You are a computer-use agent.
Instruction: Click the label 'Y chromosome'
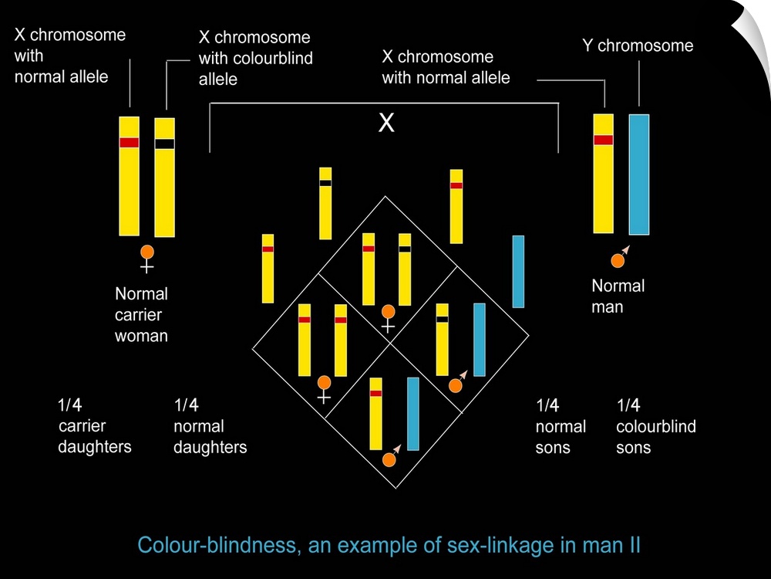point(638,46)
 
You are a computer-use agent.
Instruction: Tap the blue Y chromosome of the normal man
point(639,174)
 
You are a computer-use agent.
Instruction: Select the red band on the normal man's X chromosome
point(603,140)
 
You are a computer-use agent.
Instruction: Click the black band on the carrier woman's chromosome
point(164,144)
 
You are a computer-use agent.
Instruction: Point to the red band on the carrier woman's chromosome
point(129,143)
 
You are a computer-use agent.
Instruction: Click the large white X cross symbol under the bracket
point(386,122)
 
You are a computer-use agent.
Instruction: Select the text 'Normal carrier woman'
point(141,314)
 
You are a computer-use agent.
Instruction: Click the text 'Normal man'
point(618,296)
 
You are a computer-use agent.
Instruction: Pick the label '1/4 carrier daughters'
point(94,425)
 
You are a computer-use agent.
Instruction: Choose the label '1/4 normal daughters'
point(210,426)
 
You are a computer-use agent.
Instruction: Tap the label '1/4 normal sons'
point(561,426)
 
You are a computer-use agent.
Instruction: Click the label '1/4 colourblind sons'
point(655,426)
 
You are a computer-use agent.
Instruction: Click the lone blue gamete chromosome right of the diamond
point(518,271)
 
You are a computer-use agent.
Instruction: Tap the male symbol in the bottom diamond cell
point(390,458)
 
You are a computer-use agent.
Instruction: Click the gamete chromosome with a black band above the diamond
point(325,203)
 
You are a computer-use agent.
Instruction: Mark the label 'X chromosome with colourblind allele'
point(255,58)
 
